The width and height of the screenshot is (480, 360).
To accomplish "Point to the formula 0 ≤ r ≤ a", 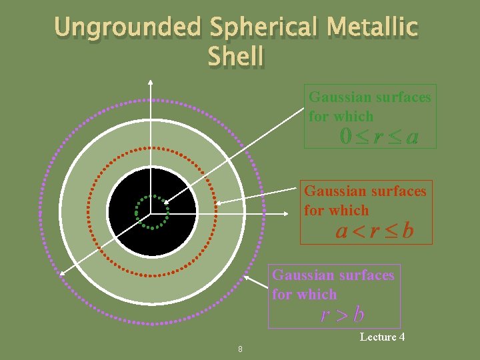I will click(379, 137).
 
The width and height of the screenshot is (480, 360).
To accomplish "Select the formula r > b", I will click(342, 313).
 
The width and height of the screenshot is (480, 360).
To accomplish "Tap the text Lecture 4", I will click(382, 337).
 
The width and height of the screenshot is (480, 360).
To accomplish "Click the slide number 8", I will click(240, 349).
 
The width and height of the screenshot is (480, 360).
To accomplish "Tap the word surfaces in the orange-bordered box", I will click(393, 191).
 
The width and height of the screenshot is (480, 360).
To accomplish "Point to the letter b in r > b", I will click(359, 313).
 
